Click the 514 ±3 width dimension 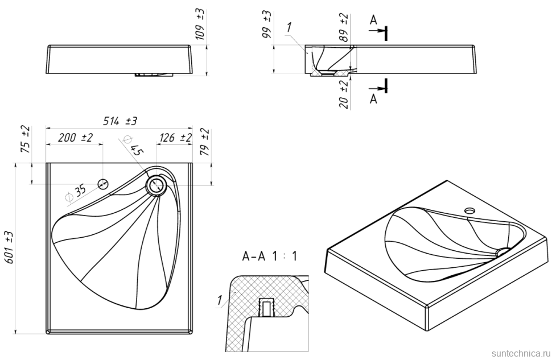point(120,121)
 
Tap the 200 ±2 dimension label point(75,138)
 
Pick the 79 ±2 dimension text point(205,142)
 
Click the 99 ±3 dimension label point(267,24)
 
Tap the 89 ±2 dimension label point(343,26)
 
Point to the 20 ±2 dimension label point(343,94)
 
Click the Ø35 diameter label point(76,192)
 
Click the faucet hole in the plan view point(104,183)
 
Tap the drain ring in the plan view point(155,184)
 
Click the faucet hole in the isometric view point(470,210)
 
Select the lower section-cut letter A point(373,99)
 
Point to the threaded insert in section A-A point(265,308)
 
